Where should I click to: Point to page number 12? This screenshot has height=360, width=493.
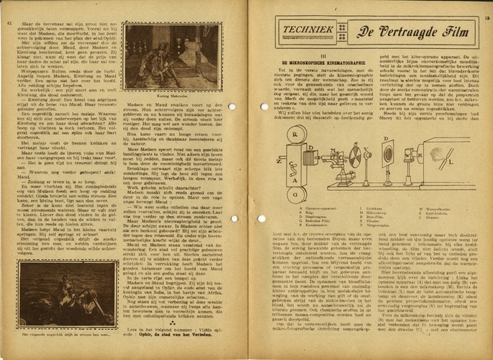pos(8,22)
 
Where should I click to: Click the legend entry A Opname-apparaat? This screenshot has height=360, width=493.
pos(306,189)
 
